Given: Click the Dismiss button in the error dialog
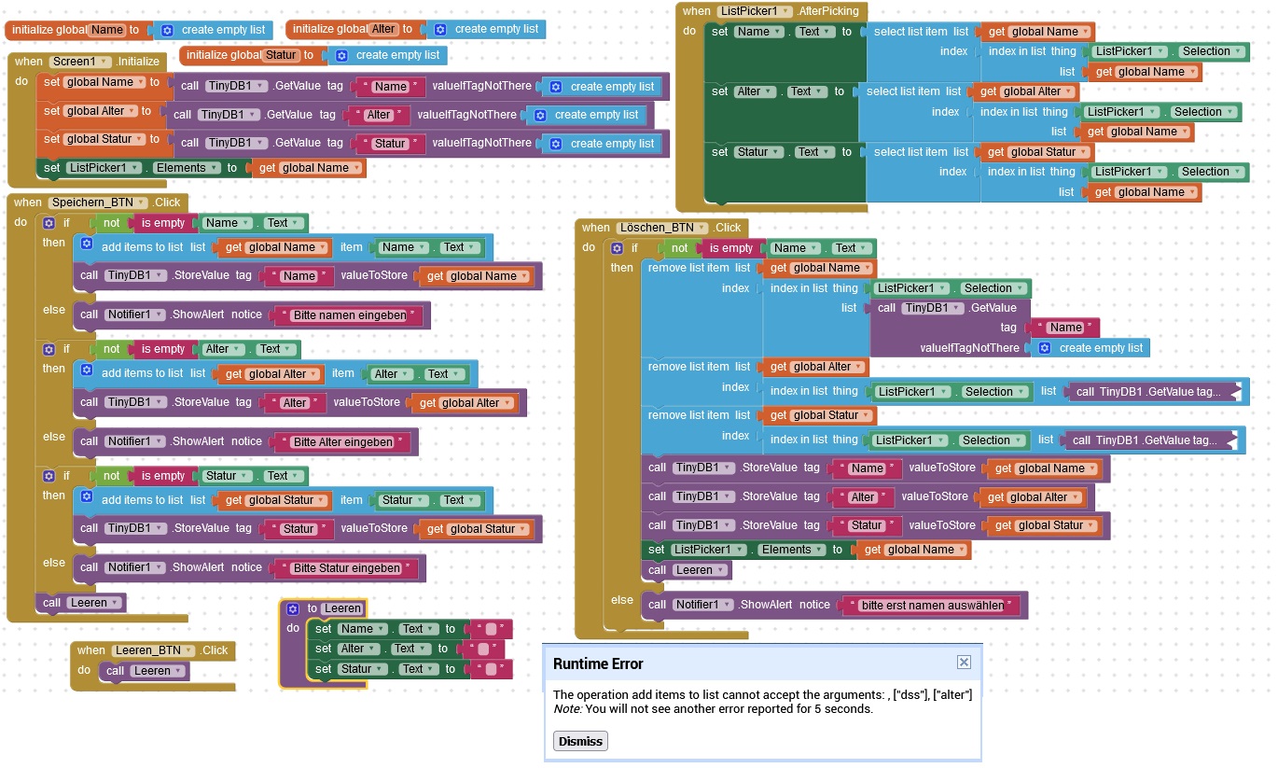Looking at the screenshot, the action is [x=580, y=741].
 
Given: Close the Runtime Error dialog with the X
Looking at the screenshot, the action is [x=964, y=662].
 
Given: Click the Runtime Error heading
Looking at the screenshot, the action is [x=598, y=663].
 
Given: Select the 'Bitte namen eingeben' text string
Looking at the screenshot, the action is [x=350, y=315].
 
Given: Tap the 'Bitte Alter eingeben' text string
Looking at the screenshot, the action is [x=343, y=441].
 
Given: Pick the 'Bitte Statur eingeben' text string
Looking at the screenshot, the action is [x=347, y=567].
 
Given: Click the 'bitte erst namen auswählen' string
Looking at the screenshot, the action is [x=932, y=605].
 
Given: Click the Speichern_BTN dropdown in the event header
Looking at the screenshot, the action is [x=98, y=202].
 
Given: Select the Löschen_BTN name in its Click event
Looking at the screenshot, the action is [x=661, y=227].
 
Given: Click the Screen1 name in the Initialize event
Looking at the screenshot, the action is [x=79, y=61].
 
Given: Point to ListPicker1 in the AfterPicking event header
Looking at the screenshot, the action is [x=754, y=11].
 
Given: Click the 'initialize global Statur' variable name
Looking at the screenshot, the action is [x=281, y=55].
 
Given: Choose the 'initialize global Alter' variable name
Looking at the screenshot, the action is [x=383, y=29].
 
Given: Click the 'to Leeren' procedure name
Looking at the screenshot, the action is [x=342, y=608].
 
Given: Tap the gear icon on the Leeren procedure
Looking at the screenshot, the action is [x=293, y=608].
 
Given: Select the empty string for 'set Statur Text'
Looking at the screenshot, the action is [x=491, y=669].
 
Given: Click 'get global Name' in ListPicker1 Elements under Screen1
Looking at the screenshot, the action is [x=309, y=168].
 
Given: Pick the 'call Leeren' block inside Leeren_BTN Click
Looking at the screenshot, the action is [x=145, y=670].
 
